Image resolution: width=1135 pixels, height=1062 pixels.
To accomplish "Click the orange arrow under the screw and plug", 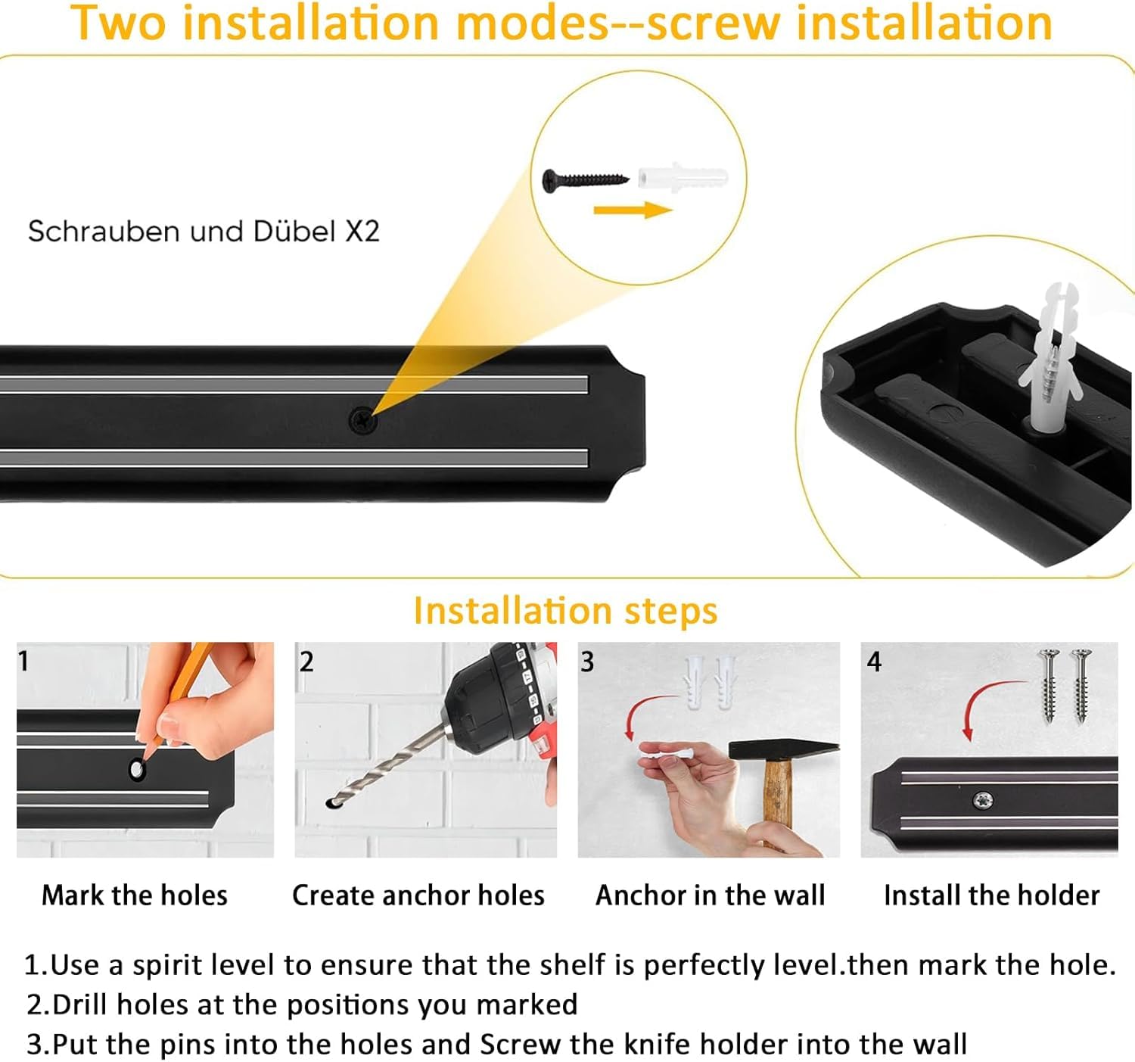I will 633,210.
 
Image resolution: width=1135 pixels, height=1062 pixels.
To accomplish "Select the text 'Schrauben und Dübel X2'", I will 204,231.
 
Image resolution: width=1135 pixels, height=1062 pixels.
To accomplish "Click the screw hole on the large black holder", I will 362,419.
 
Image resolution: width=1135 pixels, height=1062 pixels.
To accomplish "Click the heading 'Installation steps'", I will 565,610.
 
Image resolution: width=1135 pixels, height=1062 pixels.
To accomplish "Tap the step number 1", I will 24,661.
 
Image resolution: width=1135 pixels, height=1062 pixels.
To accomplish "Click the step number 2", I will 306,662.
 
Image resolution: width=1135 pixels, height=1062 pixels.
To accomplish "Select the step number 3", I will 587,662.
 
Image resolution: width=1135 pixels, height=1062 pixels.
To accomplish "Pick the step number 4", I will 874,662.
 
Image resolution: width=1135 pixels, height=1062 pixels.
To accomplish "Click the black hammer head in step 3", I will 782,749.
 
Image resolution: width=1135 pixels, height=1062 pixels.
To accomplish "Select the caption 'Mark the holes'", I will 135,895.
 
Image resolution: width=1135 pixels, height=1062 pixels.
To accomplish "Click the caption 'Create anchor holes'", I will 418,895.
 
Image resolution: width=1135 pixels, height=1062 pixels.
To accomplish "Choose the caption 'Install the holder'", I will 991,895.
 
